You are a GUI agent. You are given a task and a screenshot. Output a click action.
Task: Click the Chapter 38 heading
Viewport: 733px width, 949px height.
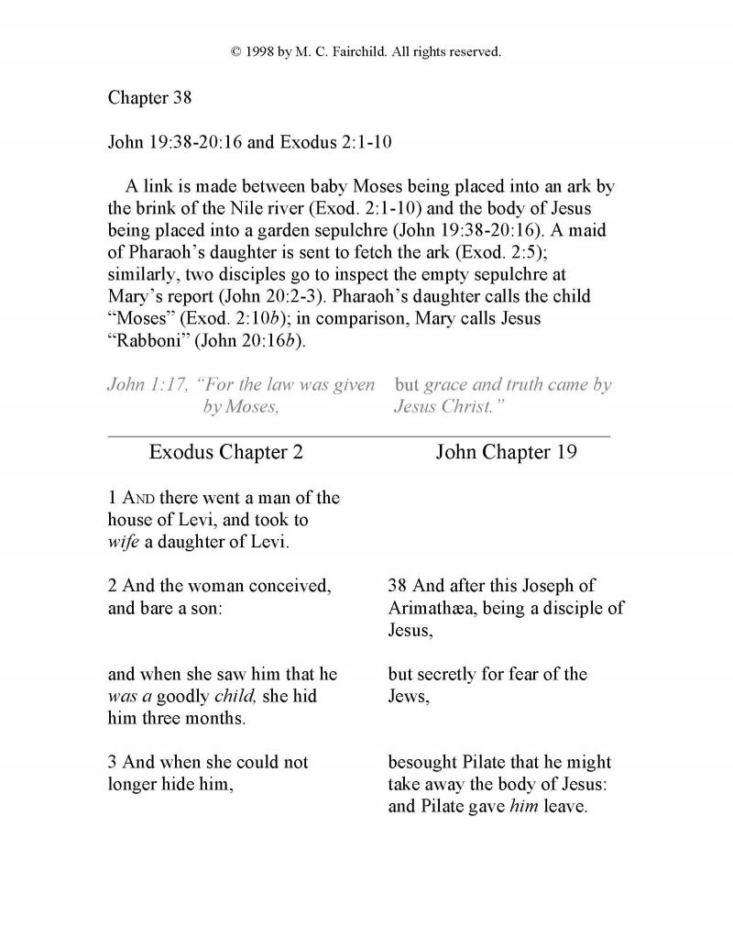[x=144, y=97]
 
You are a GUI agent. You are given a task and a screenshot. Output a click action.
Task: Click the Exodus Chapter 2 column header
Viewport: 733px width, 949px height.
[x=225, y=452]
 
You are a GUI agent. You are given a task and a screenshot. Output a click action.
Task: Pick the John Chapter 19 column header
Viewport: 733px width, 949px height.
[x=506, y=452]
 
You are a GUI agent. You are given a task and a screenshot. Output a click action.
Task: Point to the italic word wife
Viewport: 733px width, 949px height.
[x=124, y=542]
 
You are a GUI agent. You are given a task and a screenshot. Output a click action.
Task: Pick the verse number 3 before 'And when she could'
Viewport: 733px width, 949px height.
[x=113, y=762]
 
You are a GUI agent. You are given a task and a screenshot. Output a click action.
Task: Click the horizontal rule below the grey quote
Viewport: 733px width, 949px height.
[x=359, y=436]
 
